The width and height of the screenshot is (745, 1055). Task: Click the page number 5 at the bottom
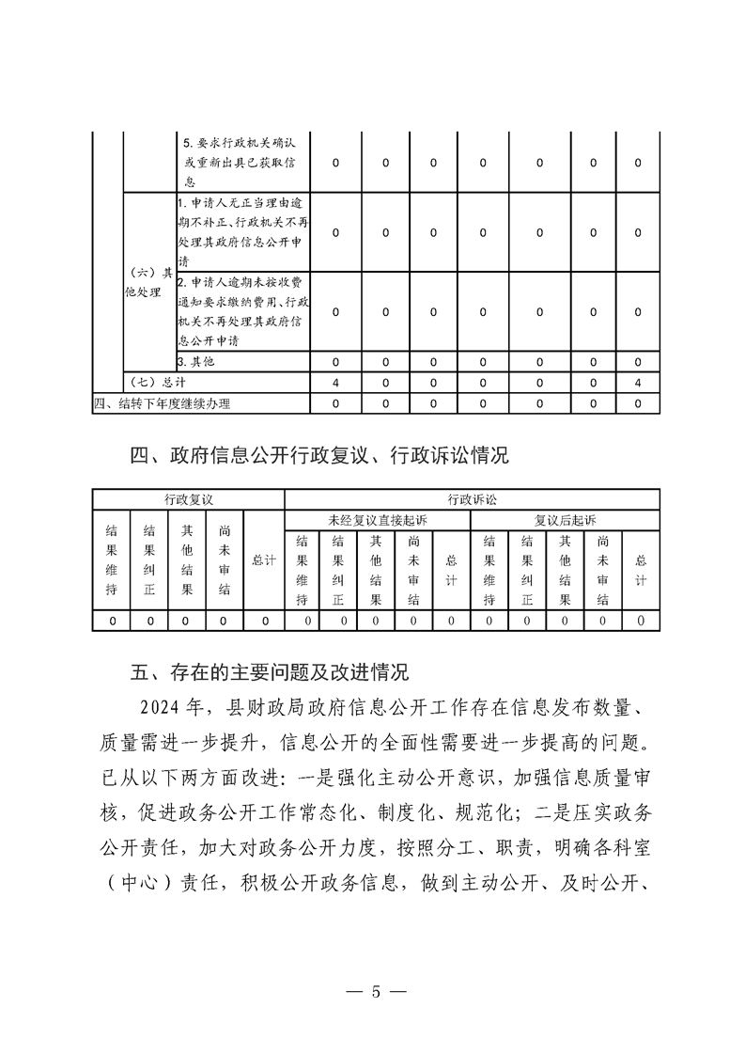tap(375, 992)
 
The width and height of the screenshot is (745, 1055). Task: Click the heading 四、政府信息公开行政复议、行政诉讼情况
tap(318, 456)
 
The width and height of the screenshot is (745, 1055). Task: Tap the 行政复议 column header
tap(188, 498)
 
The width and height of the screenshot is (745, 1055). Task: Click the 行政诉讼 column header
tap(472, 498)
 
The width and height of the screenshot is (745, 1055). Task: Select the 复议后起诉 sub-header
tap(565, 519)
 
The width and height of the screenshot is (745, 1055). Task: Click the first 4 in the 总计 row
tap(335, 383)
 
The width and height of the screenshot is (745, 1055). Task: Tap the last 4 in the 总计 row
tap(638, 383)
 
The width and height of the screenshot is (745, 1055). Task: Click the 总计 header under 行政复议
tap(264, 559)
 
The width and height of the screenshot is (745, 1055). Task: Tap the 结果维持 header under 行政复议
tap(111, 560)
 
